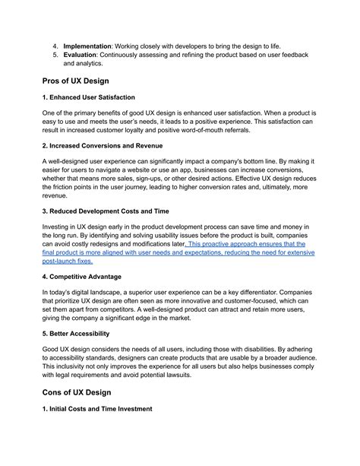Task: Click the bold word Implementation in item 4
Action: [90, 46]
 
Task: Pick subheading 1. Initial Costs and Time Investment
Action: [98, 409]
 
